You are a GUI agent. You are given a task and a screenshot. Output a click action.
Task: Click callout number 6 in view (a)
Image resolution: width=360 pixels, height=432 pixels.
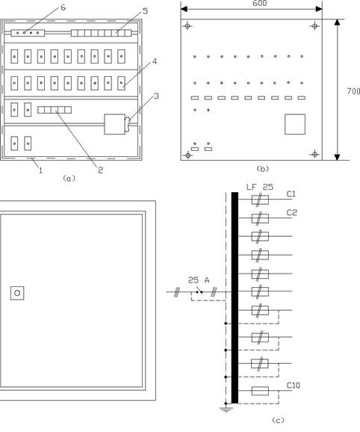[63, 7]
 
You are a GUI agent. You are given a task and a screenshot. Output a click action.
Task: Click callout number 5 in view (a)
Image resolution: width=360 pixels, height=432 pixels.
[145, 11]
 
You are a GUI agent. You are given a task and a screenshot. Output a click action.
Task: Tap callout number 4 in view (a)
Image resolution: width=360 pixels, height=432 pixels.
[155, 61]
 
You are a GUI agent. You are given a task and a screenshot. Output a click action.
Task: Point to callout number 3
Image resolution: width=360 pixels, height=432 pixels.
[156, 96]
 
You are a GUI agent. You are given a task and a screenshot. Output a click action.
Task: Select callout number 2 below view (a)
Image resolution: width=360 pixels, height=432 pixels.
[101, 170]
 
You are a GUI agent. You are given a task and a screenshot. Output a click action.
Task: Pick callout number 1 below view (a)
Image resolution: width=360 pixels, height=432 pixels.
[41, 170]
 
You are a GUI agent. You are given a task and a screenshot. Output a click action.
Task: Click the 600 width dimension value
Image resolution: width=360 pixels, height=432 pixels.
[259, 3]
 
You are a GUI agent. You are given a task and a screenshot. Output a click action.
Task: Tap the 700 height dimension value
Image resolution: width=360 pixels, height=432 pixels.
[353, 91]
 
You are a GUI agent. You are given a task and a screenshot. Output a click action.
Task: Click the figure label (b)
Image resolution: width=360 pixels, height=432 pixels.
[262, 169]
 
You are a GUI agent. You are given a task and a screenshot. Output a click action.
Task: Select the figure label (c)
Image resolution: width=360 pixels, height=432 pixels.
[278, 421]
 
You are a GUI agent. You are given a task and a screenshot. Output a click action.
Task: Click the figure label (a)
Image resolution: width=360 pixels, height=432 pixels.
[69, 179]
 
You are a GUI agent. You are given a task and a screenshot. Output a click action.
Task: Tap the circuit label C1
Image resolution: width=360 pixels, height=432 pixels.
[291, 194]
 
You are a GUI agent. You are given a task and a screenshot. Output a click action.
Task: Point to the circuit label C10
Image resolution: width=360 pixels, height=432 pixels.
[293, 385]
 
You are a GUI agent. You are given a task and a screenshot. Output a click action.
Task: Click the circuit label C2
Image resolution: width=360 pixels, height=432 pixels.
[292, 213]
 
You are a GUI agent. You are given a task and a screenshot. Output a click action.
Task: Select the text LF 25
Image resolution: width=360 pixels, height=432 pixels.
[260, 187]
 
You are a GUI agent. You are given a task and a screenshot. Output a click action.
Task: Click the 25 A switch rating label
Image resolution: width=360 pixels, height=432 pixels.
[199, 280]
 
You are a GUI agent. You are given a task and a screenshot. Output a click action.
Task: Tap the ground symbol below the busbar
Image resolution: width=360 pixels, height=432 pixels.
[226, 409]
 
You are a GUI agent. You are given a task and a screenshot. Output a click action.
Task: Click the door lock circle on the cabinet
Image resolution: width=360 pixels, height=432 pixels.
[17, 293]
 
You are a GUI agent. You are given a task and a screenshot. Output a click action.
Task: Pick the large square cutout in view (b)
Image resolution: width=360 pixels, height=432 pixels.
[295, 124]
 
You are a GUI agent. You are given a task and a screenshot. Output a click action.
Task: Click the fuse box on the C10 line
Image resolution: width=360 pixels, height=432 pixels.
[260, 391]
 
